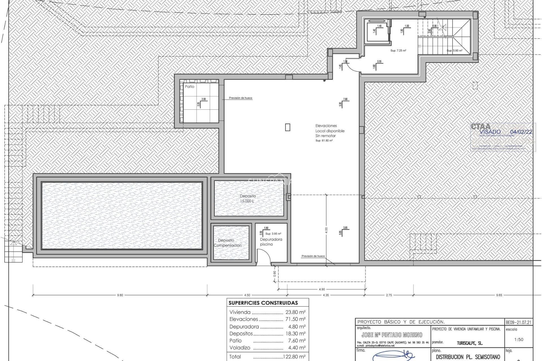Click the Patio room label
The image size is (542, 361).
pos(189,87)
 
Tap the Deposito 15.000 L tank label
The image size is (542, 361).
pos(248,198)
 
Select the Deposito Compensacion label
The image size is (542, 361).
pos(227,243)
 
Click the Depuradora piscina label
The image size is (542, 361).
pos(271,242)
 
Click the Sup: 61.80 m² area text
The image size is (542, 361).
pos(324,140)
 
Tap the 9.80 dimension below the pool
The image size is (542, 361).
pos(120,295)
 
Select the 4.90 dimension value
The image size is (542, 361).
pos(322,289)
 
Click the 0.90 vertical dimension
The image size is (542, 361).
pos(275,274)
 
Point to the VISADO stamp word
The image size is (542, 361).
pos(490,132)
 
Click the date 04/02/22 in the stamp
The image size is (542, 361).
pos(521,132)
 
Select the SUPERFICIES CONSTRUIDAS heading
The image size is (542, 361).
pos(263,303)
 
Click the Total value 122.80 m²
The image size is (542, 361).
pos(294,356)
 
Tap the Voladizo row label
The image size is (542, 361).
pos(240,347)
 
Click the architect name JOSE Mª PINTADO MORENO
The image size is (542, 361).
pos(392,335)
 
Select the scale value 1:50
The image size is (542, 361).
pos(519,339)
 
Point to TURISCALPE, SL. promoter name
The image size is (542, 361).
pos(469,343)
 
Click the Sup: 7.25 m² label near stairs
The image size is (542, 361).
pos(398,51)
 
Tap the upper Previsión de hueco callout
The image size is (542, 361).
pos(241,98)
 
